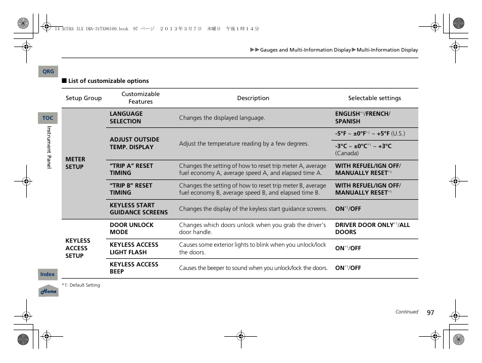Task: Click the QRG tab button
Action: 48,72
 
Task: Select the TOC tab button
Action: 47,118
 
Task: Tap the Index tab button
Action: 47,274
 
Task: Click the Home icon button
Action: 49,291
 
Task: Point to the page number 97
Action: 430,312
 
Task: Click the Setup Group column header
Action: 83,98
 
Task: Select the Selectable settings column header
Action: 374,98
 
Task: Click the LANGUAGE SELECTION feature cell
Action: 126,118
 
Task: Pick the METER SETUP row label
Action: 75,163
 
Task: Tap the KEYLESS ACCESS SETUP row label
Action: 77,248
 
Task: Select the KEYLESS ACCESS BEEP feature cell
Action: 134,268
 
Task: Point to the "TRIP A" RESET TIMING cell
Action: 131,169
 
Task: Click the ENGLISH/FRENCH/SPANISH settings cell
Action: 362,118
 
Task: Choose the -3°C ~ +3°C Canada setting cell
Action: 363,149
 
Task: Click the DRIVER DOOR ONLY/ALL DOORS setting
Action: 372,229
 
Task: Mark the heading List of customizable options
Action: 108,81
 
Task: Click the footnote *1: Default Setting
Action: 81,285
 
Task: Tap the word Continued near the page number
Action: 406,312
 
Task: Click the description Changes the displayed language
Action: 222,118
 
